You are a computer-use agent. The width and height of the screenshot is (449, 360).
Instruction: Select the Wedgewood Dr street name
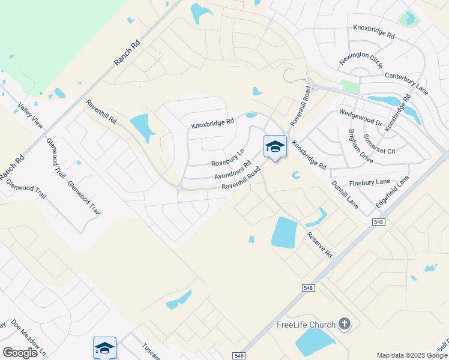point(360,117)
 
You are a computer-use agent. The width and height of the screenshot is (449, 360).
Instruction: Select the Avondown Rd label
point(232,172)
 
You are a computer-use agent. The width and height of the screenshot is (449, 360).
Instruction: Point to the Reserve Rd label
point(319,245)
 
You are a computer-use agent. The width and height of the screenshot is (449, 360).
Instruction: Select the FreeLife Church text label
point(306,325)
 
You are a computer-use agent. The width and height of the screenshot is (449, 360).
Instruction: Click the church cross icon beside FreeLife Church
point(344,325)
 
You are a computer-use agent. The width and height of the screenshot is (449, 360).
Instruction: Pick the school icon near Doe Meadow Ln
point(104,348)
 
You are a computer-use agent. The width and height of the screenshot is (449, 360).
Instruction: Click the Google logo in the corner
point(20,352)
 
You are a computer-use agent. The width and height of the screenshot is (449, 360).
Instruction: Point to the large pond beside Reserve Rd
point(284,232)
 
